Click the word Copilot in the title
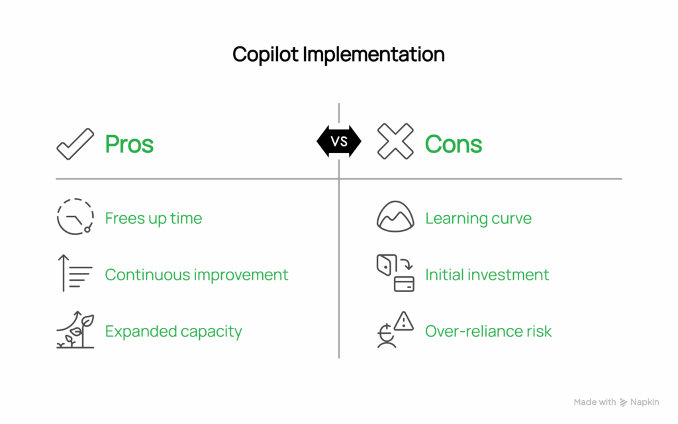click(266, 54)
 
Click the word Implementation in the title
click(373, 54)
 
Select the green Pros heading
click(129, 144)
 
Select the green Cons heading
click(454, 144)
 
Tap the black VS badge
click(339, 141)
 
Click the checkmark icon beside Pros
click(75, 143)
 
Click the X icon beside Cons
click(395, 142)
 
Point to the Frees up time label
click(154, 219)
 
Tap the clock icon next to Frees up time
click(75, 217)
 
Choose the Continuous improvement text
click(197, 274)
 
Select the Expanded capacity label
click(173, 331)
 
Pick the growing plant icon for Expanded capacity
click(75, 330)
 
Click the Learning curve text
click(478, 219)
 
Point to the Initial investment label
click(487, 274)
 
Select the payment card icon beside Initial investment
click(404, 284)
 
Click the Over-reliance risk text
click(488, 331)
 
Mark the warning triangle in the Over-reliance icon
click(403, 321)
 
